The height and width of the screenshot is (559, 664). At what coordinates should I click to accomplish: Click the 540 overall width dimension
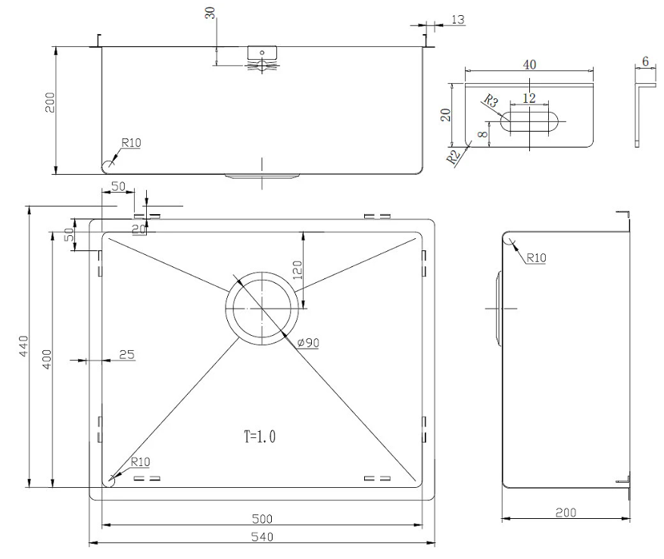pos(262,537)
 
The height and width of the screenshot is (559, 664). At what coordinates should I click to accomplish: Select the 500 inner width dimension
pos(262,519)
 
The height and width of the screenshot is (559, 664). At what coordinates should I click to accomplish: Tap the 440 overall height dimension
pos(23,346)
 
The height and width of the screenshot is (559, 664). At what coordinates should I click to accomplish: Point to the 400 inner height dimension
pos(47,359)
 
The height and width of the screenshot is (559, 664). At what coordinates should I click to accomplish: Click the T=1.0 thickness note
pos(260,436)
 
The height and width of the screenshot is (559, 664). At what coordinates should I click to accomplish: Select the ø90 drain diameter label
pos(308,343)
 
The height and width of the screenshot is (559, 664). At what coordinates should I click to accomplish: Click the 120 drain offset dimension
pos(298,270)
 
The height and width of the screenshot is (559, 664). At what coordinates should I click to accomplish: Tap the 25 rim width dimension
pos(126,354)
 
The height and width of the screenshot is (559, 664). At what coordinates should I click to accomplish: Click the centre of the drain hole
pos(262,309)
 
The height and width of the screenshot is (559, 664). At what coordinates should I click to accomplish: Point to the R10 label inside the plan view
pos(140,461)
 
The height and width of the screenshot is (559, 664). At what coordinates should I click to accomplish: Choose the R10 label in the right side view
pos(537,258)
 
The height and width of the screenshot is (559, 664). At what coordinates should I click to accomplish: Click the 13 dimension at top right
pos(458,20)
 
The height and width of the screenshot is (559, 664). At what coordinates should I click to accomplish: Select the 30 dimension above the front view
pos(210,13)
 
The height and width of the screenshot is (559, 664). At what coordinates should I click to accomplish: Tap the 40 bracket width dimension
pos(529,65)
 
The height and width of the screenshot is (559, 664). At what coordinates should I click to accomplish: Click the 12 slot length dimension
pos(529,98)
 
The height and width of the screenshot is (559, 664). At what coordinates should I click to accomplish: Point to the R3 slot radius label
pos(491,101)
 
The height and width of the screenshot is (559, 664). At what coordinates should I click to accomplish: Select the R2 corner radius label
pos(453,157)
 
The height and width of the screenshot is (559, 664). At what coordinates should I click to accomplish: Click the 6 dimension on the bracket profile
pos(645,61)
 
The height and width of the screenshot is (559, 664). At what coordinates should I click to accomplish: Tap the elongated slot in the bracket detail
pos(530,122)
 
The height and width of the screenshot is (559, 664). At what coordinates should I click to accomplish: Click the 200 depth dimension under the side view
pos(566,512)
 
